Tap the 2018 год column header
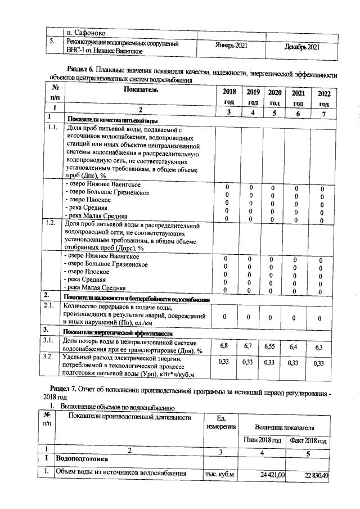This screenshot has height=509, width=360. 229,97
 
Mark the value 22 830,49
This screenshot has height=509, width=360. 316,475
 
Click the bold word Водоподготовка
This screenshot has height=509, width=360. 84,460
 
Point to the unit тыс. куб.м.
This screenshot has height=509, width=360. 218,475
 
